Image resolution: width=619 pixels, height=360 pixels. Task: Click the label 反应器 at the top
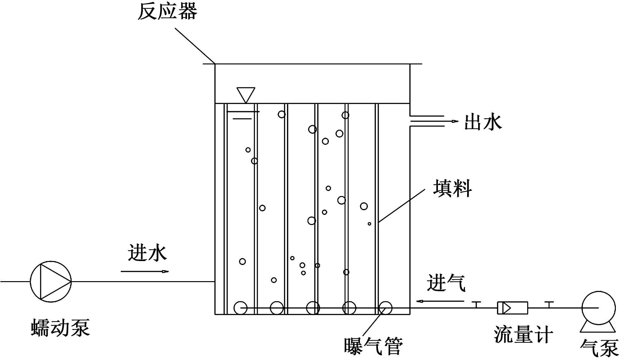click(x=167, y=12)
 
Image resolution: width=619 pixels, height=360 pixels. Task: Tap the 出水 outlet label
click(x=483, y=122)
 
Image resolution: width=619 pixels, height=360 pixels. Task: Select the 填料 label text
click(x=452, y=188)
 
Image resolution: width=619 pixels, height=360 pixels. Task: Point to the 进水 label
click(x=147, y=253)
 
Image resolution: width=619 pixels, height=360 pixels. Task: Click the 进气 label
click(x=446, y=283)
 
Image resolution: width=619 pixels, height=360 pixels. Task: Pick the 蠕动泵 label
click(x=60, y=328)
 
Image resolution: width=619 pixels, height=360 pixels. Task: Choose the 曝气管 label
click(x=373, y=346)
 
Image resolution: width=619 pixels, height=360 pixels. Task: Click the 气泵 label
click(x=599, y=348)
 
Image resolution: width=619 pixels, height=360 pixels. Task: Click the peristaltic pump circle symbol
click(x=51, y=281)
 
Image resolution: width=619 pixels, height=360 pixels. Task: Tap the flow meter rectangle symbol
click(x=512, y=308)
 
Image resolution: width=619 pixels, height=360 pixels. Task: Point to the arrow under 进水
click(x=145, y=271)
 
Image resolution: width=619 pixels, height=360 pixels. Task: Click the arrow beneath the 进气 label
click(x=440, y=301)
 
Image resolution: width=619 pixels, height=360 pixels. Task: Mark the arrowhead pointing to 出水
click(x=455, y=121)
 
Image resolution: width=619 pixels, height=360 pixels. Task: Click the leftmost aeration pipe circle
click(x=240, y=308)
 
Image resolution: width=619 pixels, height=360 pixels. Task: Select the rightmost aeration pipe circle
click(x=385, y=308)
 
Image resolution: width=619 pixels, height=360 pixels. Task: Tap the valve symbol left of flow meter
click(x=477, y=304)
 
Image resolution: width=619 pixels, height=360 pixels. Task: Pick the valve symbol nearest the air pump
click(x=549, y=304)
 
